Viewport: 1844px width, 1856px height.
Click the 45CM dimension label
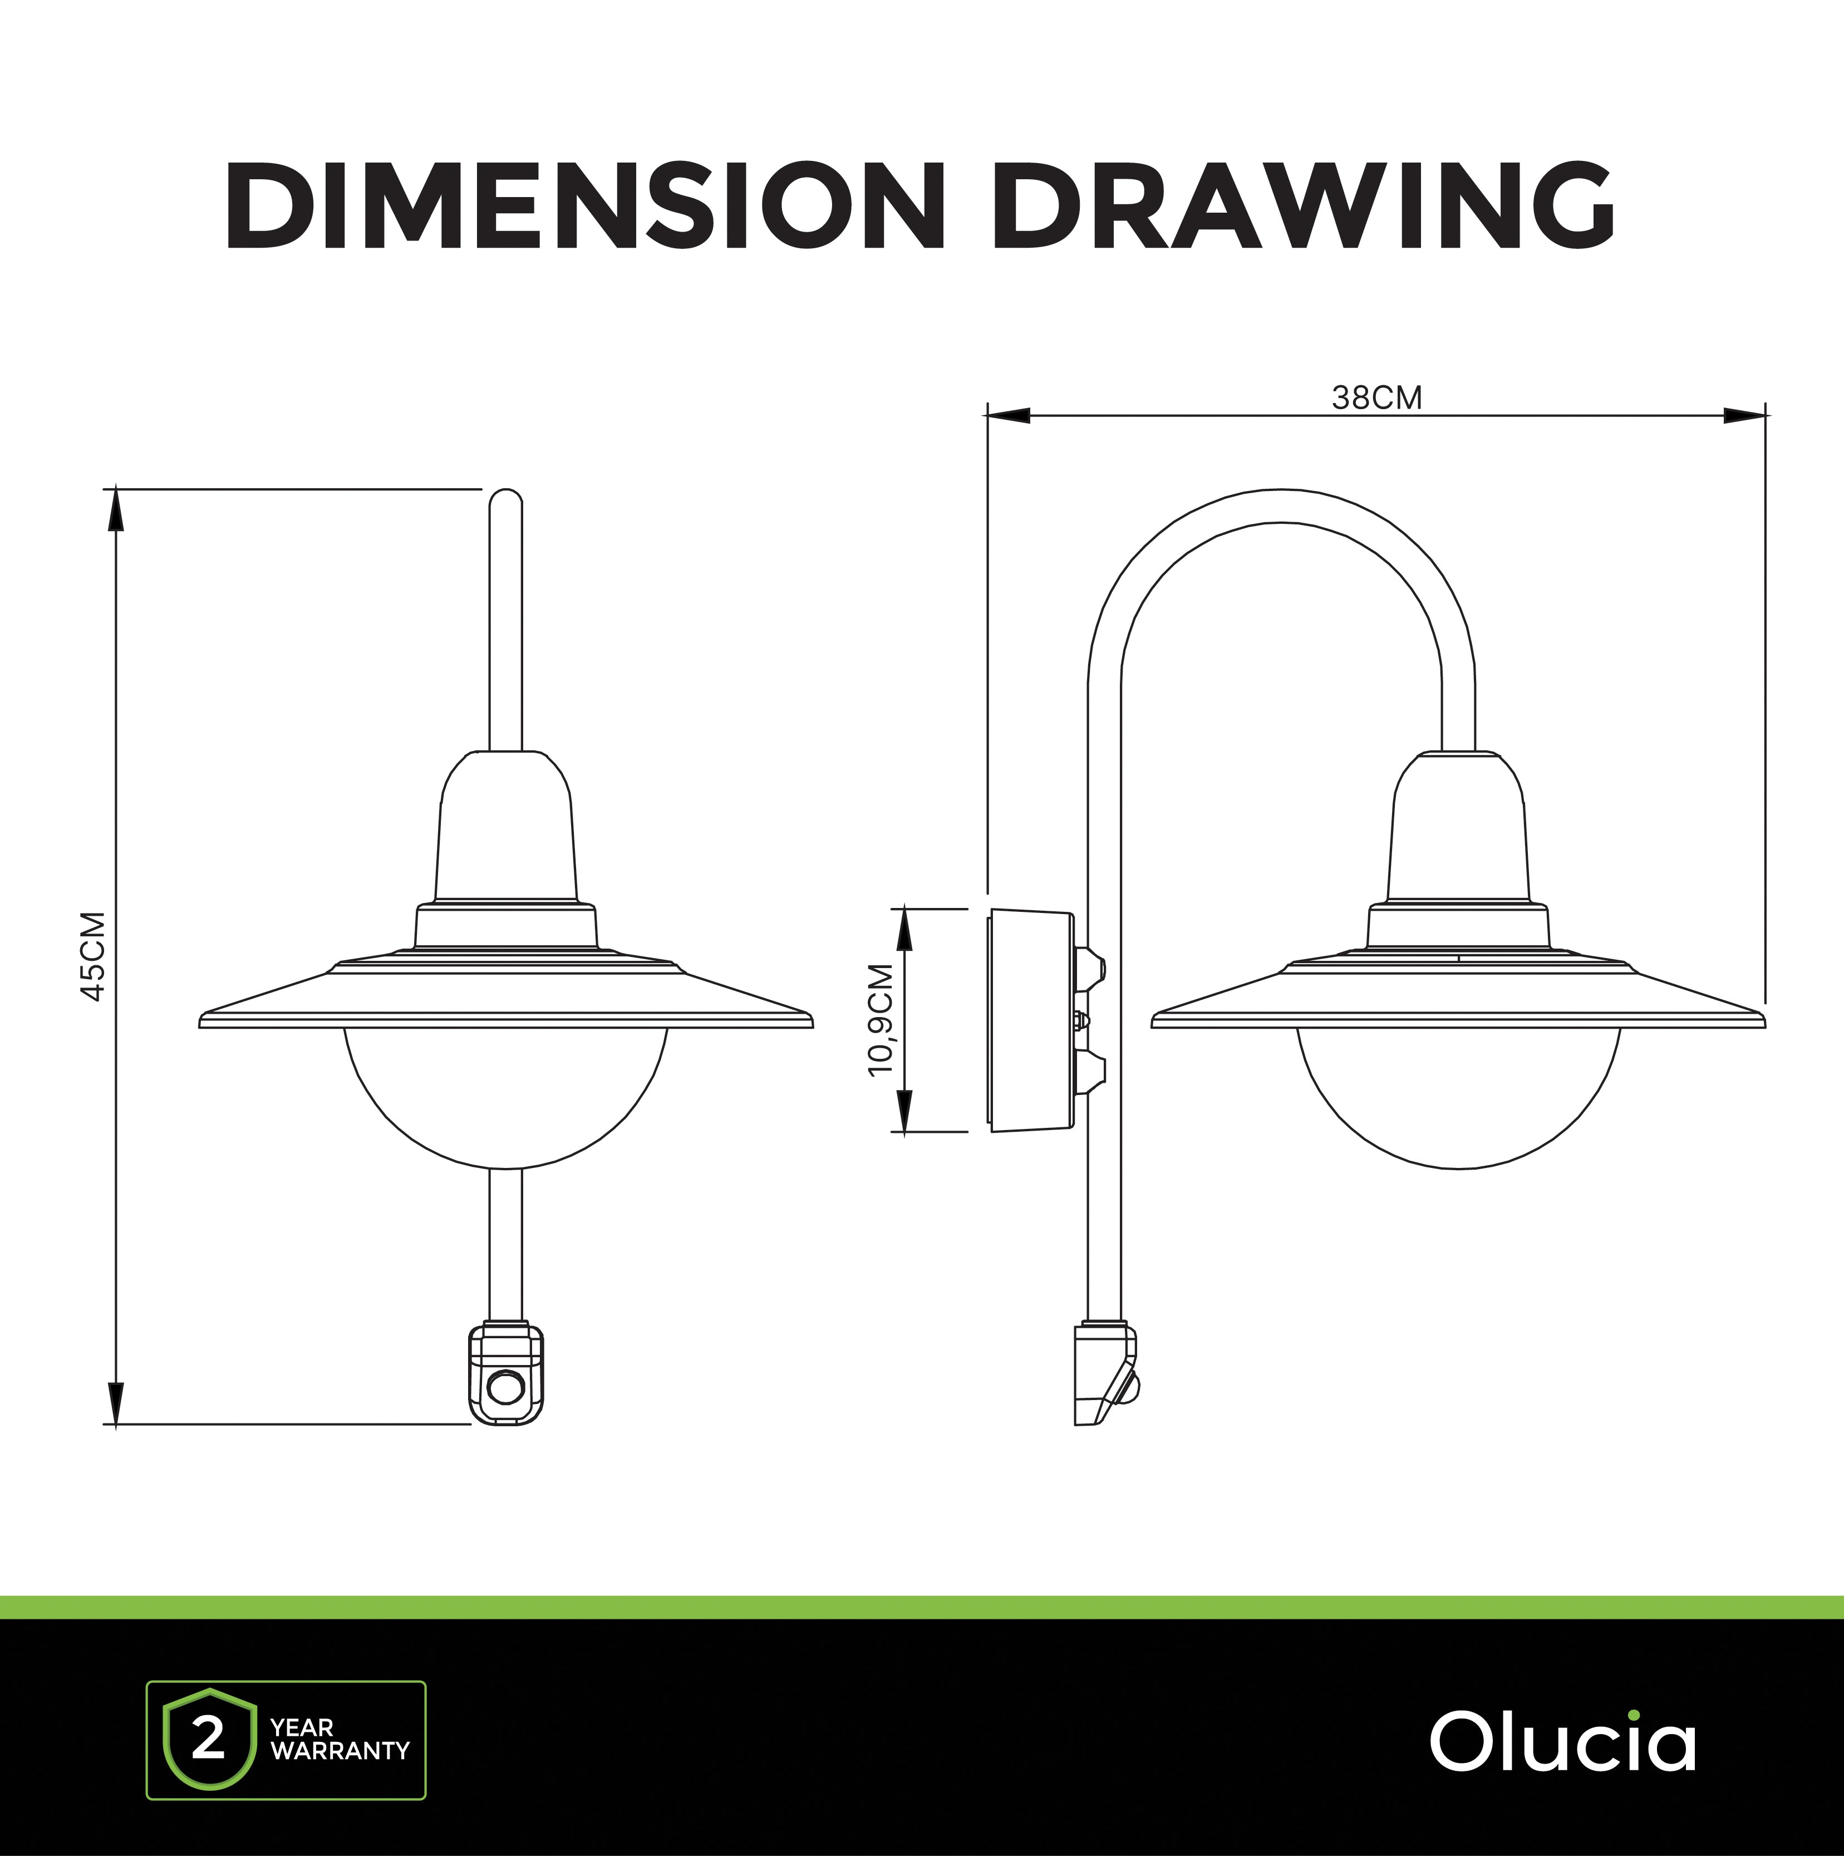(x=93, y=956)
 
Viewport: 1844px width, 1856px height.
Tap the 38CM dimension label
(x=1376, y=397)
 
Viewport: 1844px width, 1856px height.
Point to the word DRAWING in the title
(x=1304, y=205)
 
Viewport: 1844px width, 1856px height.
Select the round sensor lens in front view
(x=506, y=1386)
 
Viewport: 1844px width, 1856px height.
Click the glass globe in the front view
(x=506, y=1097)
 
